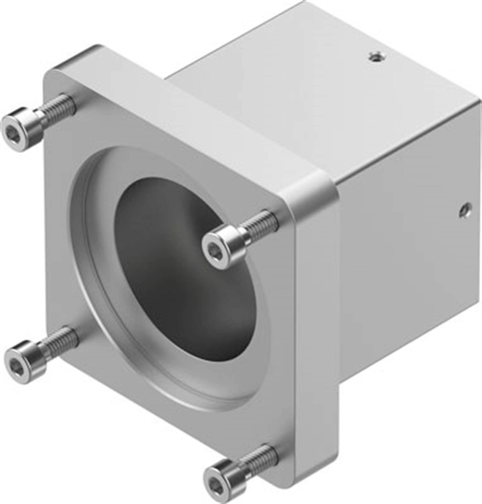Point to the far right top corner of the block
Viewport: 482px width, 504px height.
(x=478, y=99)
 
